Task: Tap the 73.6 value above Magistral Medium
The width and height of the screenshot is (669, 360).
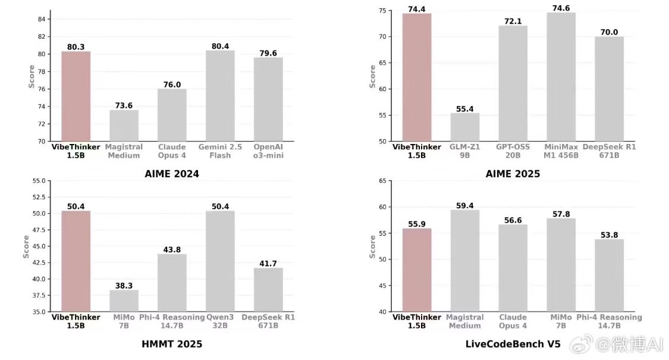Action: click(124, 105)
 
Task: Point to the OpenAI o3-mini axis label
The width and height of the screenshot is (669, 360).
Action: click(268, 151)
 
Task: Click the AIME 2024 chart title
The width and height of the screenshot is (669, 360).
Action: click(172, 174)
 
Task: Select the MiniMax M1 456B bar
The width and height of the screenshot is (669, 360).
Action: click(561, 77)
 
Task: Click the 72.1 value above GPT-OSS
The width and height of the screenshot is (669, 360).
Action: click(513, 21)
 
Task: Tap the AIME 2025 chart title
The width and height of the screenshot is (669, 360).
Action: click(513, 174)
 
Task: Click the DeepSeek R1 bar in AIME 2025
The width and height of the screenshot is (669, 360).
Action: click(609, 89)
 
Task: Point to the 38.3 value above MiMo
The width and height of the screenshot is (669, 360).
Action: click(124, 285)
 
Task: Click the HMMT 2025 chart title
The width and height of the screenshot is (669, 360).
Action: click(172, 344)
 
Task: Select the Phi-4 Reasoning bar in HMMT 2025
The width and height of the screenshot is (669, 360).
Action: click(172, 283)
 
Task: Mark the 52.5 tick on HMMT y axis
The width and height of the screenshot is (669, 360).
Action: click(38, 197)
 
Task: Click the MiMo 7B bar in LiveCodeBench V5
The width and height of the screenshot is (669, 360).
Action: click(561, 265)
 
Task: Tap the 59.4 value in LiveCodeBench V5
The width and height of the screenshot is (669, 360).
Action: click(464, 206)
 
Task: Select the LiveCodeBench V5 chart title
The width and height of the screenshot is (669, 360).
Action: click(513, 344)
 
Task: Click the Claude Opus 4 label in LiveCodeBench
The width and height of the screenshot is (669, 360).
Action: click(513, 321)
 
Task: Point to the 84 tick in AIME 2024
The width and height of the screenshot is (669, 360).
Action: click(42, 19)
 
